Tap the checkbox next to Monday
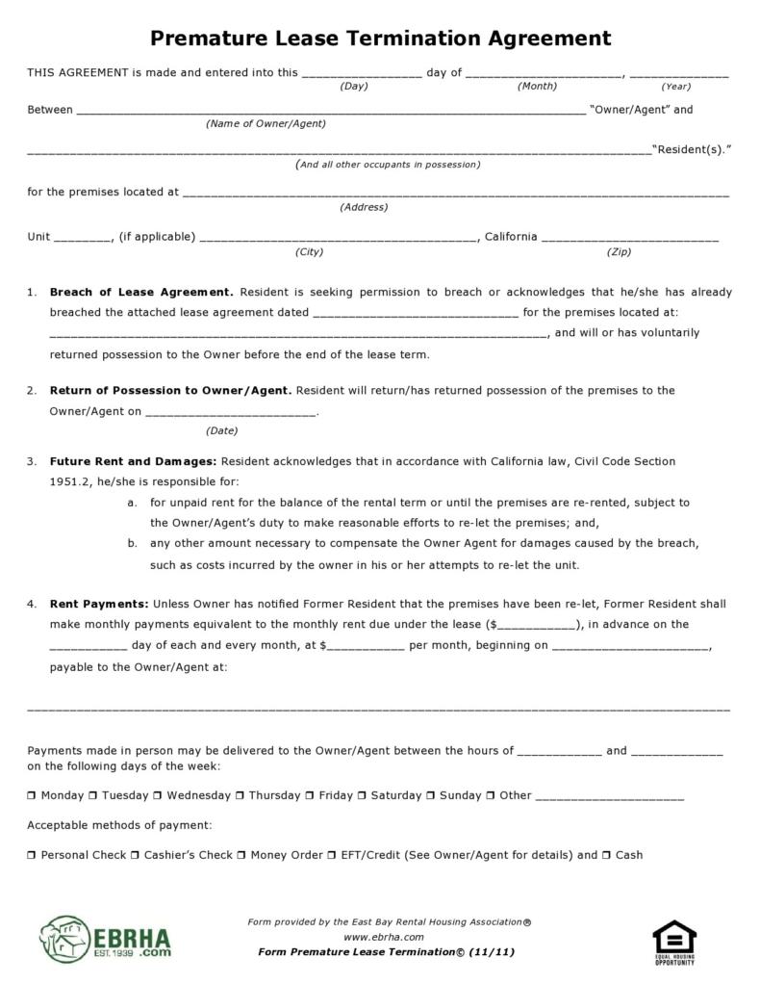click(32, 796)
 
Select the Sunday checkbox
click(431, 796)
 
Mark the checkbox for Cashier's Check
click(135, 855)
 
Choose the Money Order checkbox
click(241, 855)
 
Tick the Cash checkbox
click(606, 855)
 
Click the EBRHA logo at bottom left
click(106, 939)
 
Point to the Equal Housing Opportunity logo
click(673, 942)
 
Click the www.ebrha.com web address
click(383, 937)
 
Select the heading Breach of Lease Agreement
click(140, 292)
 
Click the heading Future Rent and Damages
click(133, 461)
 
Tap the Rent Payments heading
click(99, 604)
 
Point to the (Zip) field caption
click(619, 252)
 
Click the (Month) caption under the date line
click(537, 87)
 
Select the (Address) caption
click(364, 207)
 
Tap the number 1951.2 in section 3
click(68, 481)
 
